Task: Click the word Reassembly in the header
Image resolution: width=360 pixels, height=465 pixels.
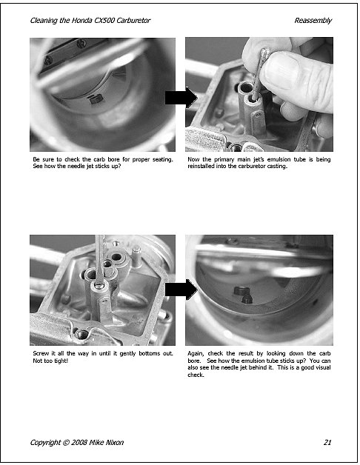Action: pos(313,21)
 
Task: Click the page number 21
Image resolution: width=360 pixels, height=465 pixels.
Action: pos(327,442)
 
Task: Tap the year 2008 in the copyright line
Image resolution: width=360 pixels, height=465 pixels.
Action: pos(79,442)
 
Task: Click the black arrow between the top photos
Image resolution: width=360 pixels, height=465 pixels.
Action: pos(181,98)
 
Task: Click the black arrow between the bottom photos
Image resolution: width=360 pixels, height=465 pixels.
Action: pos(181,290)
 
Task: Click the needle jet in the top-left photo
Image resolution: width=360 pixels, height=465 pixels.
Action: pos(96,99)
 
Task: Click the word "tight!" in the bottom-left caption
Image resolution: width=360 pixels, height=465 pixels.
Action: pos(61,361)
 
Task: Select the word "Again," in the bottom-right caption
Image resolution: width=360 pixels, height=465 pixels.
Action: pos(196,353)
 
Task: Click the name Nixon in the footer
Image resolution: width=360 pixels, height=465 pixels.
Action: pos(114,442)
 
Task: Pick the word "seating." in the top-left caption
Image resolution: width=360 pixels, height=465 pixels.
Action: pos(163,159)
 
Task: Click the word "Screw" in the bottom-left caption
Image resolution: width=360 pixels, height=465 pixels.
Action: pos(41,353)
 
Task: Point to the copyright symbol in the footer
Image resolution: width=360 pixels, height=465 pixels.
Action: pos(66,442)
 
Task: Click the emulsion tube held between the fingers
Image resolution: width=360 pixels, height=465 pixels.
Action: pos(259,74)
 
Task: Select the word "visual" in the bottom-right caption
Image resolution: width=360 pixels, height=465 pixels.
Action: pos(321,367)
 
